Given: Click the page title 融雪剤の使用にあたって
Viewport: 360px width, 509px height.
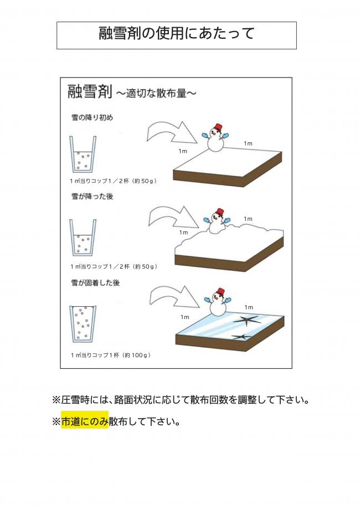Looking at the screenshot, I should coord(176,34).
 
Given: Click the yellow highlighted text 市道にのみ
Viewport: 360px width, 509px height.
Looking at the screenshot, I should coord(85,421).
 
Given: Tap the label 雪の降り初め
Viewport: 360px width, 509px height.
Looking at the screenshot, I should coord(92,117).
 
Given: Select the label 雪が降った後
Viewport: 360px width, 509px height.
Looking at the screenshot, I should coord(92,197).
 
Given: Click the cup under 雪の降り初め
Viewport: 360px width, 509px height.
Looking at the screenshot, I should coord(83,156).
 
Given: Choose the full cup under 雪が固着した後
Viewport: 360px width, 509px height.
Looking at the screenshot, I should coord(83,325).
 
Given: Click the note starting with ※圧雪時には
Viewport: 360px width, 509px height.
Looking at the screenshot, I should coord(180,399).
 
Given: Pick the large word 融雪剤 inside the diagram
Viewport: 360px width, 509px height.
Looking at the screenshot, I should coord(90,91).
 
